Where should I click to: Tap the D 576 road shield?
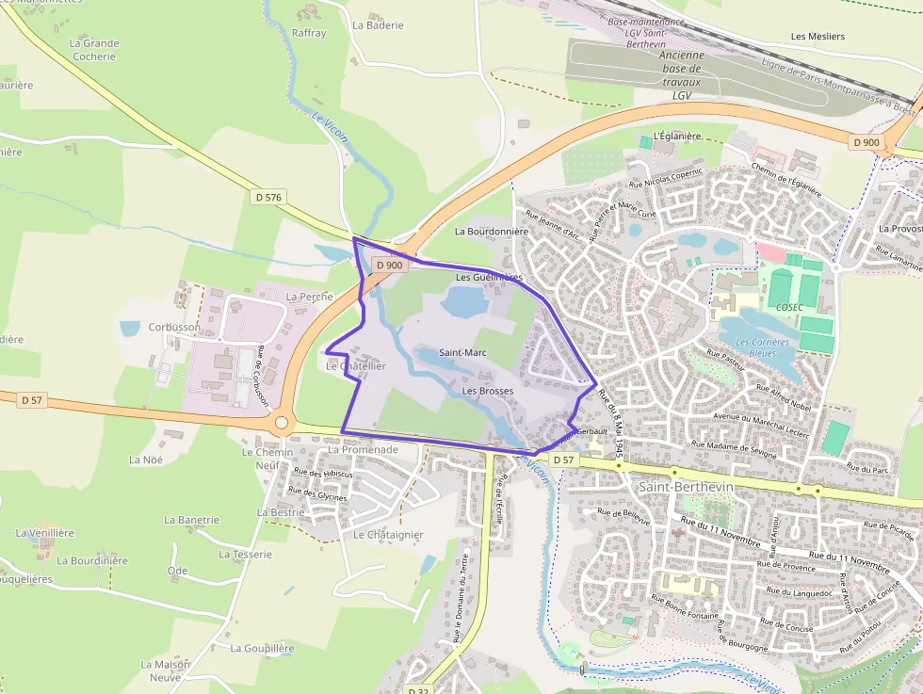coord(268,197)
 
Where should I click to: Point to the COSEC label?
coord(789,307)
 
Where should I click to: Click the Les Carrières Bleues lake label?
coord(763,347)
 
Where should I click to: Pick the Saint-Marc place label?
coord(462,353)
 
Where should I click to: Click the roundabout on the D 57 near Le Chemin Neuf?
coord(281,424)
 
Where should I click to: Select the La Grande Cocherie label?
coord(94,49)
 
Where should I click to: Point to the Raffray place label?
coord(309,33)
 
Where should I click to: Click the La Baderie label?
coord(378,25)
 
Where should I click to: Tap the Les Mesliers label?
coord(818,37)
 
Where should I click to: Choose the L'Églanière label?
coord(676,136)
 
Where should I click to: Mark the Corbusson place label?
coord(174,328)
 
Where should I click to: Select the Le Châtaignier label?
coord(388,535)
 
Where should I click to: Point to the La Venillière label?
coord(44,533)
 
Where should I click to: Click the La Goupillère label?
coord(262,649)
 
